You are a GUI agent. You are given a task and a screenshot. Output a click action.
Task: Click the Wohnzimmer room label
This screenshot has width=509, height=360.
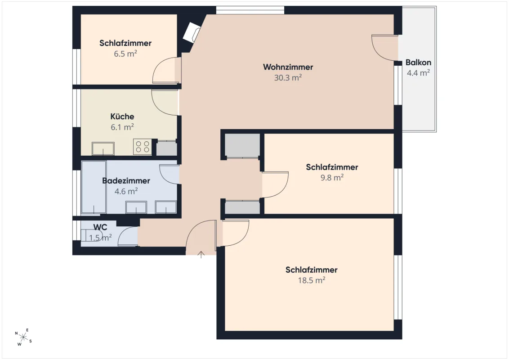(288, 67)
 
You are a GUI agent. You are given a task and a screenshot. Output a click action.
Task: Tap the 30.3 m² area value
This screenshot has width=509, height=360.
(288, 78)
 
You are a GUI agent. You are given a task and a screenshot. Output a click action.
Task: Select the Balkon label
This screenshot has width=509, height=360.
(418, 63)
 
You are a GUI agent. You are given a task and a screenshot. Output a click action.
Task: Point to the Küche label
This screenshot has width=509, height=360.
(122, 116)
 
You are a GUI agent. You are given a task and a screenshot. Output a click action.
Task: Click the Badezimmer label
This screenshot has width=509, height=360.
(126, 180)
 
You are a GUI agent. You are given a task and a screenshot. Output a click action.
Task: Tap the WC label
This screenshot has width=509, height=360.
(100, 227)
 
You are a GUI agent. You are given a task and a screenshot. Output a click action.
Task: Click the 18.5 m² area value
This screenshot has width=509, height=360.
(312, 280)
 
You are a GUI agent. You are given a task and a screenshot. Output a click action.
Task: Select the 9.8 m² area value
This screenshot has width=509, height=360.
(332, 177)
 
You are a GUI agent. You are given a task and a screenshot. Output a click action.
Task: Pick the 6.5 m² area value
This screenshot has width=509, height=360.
(125, 54)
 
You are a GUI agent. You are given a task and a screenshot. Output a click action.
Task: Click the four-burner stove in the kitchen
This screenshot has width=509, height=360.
(143, 147)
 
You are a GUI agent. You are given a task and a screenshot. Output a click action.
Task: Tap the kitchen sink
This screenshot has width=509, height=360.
(103, 148)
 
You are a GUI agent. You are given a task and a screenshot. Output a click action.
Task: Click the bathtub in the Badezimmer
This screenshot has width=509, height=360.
(94, 187)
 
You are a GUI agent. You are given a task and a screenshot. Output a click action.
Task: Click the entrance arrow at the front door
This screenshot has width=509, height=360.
(201, 255)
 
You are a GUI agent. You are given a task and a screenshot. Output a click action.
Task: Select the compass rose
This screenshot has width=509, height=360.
(23, 337)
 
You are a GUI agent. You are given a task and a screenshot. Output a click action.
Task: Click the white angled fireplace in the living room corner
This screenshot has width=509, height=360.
(192, 32)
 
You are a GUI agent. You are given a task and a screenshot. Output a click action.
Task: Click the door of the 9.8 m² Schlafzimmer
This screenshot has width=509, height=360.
(275, 184)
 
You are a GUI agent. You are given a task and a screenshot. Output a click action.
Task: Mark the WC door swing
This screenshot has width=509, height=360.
(128, 236)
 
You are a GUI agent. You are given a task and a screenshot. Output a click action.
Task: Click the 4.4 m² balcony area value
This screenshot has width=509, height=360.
(419, 73)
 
